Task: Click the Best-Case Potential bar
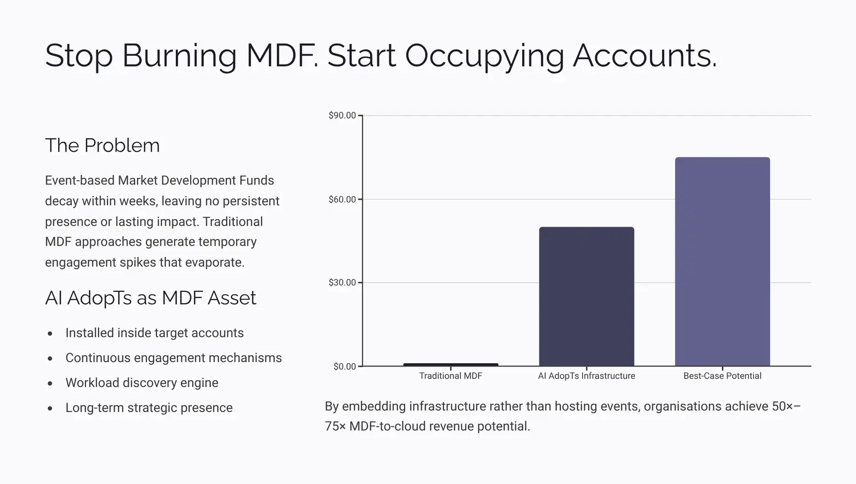point(722,262)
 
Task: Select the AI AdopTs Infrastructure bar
point(586,296)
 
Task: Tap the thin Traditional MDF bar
point(450,364)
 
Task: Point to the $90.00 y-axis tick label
point(342,116)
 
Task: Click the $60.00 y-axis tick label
point(342,200)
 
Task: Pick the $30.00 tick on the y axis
point(342,283)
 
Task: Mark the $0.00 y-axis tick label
point(344,367)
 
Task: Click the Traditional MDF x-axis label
point(450,376)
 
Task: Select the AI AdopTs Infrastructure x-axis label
point(586,376)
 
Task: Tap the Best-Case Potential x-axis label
point(722,376)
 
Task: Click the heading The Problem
point(102,145)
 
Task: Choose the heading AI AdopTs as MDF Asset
point(150,298)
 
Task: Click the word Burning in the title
point(179,56)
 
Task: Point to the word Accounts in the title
point(644,56)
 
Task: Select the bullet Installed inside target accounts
point(154,333)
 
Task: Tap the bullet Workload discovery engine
point(142,383)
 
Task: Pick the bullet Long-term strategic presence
point(149,408)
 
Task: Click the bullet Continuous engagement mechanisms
point(173,358)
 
